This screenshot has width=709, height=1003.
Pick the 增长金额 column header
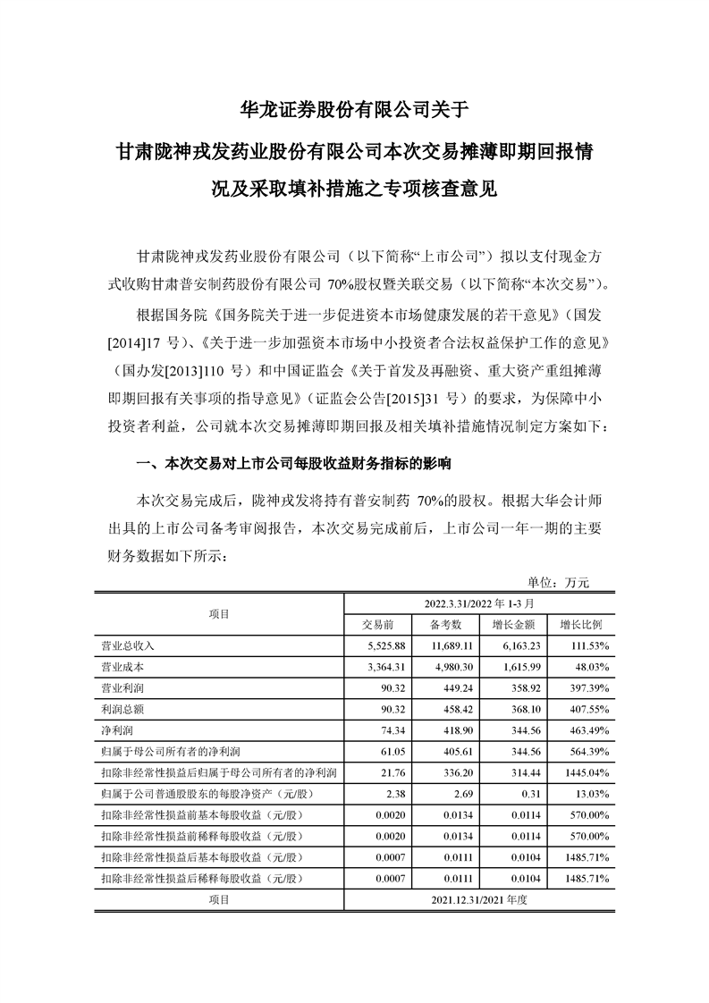pos(512,623)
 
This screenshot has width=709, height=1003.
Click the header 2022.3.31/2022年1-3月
pos(478,603)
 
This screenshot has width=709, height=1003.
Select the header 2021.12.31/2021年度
pos(478,899)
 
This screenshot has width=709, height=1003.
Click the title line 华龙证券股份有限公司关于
pos(355,110)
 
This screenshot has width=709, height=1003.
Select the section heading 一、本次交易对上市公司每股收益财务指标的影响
pos(292,464)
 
